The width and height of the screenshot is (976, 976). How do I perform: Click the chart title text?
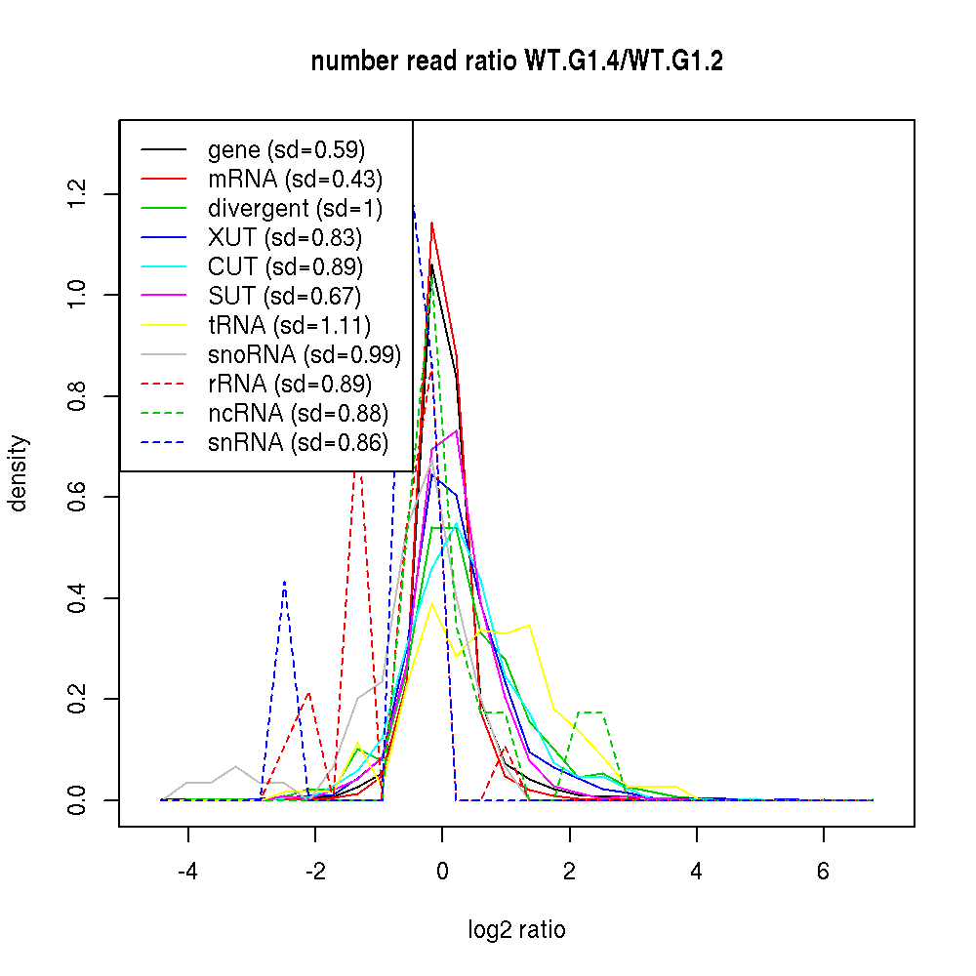click(x=516, y=62)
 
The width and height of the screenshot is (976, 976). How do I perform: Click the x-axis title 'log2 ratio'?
click(x=516, y=929)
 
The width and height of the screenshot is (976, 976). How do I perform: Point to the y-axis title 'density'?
click(x=19, y=473)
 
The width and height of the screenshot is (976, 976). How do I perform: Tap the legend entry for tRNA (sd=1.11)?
click(x=289, y=326)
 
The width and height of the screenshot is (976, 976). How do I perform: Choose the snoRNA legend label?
click(x=305, y=355)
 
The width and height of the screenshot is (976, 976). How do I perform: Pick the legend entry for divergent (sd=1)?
click(x=295, y=209)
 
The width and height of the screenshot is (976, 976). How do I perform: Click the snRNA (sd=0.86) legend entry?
click(x=298, y=443)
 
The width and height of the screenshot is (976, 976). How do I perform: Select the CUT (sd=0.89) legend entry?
click(x=285, y=267)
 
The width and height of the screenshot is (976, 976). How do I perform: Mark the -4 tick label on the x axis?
click(x=187, y=872)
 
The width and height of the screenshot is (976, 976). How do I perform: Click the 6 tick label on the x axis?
click(x=823, y=872)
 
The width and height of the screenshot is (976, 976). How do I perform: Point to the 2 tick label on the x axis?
click(x=569, y=872)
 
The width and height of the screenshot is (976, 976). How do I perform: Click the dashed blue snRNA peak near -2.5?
click(x=284, y=582)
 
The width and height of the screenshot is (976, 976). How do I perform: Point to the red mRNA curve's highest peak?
click(x=431, y=224)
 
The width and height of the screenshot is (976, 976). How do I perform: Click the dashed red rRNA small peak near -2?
click(x=309, y=693)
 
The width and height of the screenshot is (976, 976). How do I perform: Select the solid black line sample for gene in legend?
click(x=164, y=150)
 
